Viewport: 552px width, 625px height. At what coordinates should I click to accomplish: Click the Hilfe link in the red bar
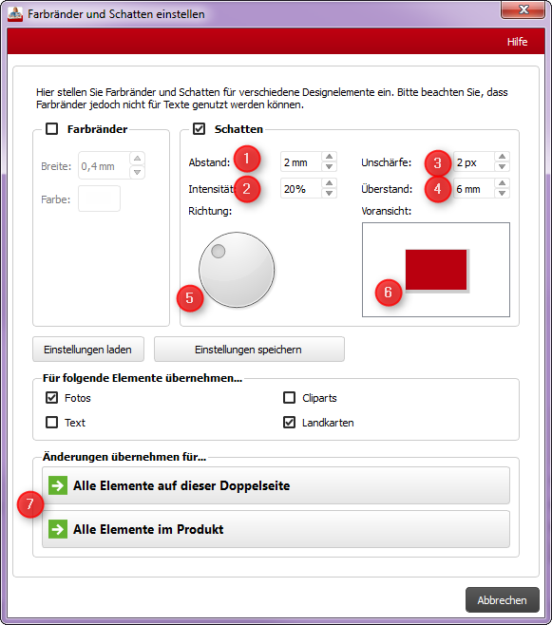click(517, 42)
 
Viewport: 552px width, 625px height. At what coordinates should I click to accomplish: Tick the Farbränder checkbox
click(52, 129)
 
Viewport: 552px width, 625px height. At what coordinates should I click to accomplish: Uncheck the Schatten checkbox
click(199, 129)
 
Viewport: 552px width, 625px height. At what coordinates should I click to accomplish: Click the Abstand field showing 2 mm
click(300, 162)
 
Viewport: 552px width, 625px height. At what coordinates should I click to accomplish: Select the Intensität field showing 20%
click(300, 188)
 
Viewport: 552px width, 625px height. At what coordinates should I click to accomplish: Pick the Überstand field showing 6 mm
click(473, 189)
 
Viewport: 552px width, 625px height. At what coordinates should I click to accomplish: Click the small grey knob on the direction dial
click(218, 251)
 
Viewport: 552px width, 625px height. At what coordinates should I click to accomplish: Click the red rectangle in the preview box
click(436, 270)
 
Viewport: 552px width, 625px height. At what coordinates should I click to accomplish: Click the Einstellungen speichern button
click(249, 350)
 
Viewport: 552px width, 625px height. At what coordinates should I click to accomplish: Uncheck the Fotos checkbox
click(52, 398)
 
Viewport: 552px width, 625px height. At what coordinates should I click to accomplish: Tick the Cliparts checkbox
click(290, 398)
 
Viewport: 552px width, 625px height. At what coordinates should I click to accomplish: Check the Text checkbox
click(52, 422)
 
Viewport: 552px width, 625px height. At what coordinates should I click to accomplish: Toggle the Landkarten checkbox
click(290, 422)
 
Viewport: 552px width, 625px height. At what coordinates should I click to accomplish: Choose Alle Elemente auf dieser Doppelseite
click(276, 485)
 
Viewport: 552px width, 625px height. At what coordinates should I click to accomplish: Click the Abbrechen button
click(503, 600)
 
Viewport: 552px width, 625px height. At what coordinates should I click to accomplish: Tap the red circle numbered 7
click(30, 504)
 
